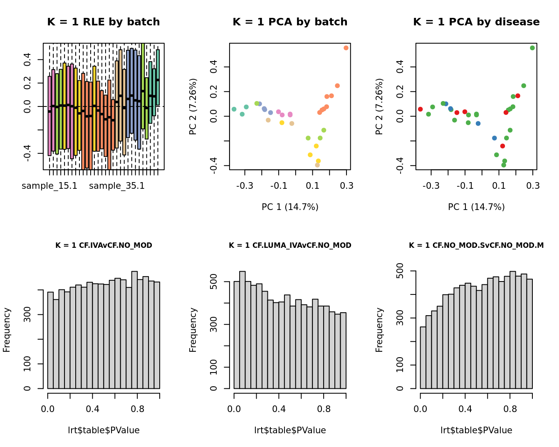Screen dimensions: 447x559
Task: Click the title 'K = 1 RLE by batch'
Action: coord(103,22)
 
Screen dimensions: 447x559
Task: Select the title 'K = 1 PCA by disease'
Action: coord(476,22)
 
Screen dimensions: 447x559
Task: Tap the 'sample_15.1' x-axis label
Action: coord(49,186)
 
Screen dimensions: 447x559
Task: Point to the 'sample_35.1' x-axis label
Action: coord(117,186)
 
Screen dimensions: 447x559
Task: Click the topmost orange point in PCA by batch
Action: coord(346,48)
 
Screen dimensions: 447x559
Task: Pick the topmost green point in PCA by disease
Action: coord(532,48)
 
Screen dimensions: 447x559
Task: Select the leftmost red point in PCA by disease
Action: coord(420,109)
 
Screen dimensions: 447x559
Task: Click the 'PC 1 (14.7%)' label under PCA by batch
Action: coord(290,207)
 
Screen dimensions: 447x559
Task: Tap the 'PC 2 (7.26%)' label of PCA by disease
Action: coord(379,106)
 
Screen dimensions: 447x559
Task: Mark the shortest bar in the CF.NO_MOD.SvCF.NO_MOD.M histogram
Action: coord(423,358)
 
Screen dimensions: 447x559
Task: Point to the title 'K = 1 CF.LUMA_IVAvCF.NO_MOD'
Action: coord(290,246)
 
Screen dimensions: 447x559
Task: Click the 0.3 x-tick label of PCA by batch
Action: coord(346,186)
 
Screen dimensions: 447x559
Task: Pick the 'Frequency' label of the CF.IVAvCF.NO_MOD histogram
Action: coord(7,330)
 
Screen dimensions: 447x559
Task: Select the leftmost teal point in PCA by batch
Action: coord(234,109)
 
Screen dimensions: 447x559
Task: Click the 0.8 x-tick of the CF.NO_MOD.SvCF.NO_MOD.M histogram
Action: coord(510,409)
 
